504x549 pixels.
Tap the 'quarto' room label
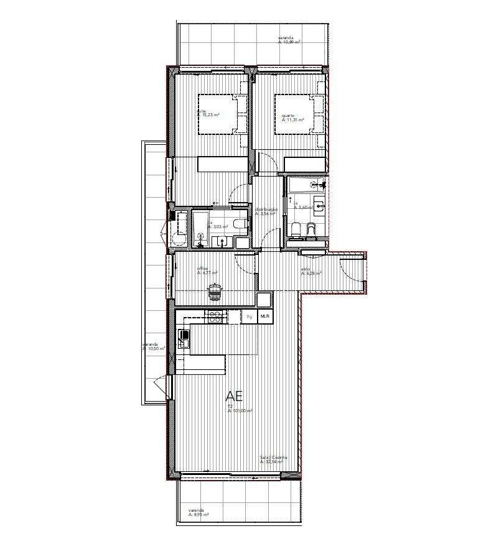click(287, 116)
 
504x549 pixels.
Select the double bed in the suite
click(217, 113)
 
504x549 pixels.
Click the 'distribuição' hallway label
click(266, 210)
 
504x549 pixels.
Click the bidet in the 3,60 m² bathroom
click(313, 231)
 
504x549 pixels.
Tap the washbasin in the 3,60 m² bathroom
click(319, 205)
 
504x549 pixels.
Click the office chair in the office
click(215, 289)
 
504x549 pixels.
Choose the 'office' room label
click(203, 268)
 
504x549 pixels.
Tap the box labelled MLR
click(266, 316)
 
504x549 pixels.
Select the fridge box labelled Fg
click(250, 316)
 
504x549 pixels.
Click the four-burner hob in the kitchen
click(215, 316)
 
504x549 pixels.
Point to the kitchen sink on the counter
click(184, 338)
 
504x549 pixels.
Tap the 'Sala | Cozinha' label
click(273, 457)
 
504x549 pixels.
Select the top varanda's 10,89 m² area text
click(291, 42)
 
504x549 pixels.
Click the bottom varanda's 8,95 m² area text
click(199, 515)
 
